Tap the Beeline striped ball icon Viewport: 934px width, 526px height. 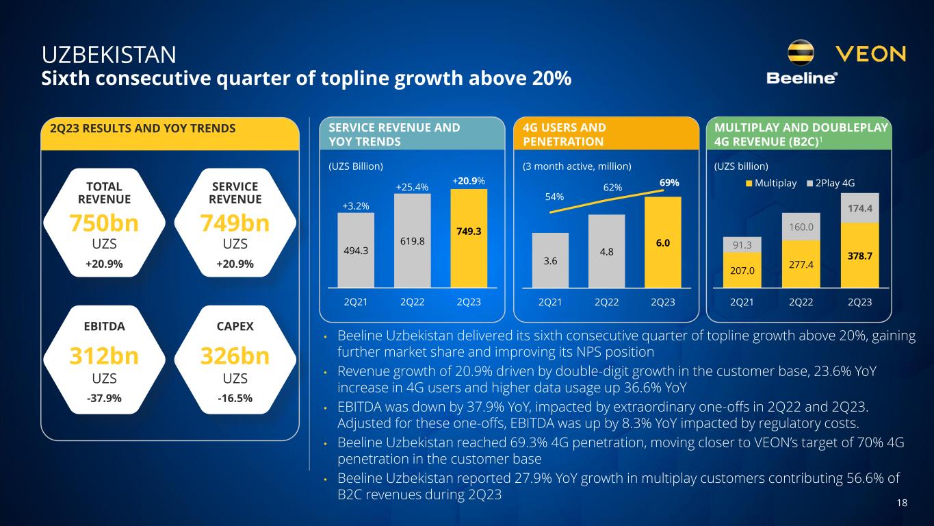801,53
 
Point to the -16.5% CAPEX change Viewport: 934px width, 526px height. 235,398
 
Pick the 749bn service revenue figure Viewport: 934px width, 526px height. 235,223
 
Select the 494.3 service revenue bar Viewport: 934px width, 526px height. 356,250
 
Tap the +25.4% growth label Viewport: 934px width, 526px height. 412,186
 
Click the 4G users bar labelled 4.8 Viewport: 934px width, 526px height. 606,251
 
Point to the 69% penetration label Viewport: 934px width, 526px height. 669,183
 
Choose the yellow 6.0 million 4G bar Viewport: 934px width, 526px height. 663,242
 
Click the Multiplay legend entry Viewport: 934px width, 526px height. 776,183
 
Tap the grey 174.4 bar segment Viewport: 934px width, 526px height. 859,208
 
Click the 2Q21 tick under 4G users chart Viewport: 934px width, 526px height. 550,301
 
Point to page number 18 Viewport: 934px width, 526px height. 901,503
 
